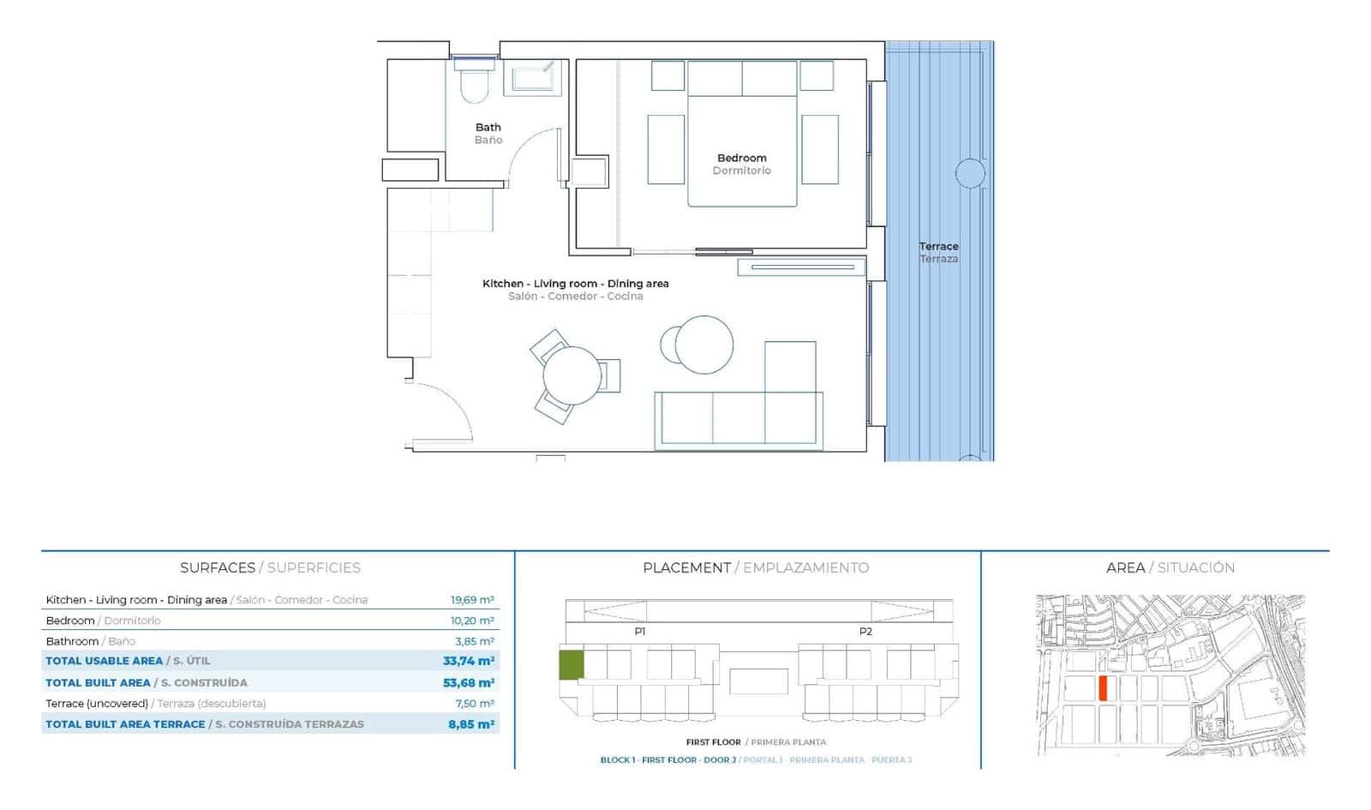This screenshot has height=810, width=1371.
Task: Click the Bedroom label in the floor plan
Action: click(x=741, y=158)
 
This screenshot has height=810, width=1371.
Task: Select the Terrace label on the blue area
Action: click(x=938, y=246)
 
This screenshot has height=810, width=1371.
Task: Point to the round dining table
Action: click(x=572, y=375)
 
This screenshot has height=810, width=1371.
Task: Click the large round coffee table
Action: click(x=704, y=345)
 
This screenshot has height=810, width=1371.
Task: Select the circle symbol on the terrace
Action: click(x=970, y=174)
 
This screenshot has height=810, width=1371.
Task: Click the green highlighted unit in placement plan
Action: click(x=572, y=665)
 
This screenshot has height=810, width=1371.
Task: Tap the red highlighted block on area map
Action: click(x=1104, y=688)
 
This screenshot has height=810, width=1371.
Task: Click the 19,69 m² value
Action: click(x=472, y=600)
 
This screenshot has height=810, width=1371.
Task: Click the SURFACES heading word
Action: click(x=218, y=567)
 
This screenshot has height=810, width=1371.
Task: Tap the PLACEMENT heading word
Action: click(x=686, y=567)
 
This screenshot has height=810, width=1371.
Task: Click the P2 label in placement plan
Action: click(x=865, y=632)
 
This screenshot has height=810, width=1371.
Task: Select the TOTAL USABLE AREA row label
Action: click(x=104, y=661)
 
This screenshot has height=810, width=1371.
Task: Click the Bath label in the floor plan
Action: click(x=488, y=127)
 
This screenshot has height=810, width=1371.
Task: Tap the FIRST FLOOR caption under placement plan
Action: click(x=713, y=742)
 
